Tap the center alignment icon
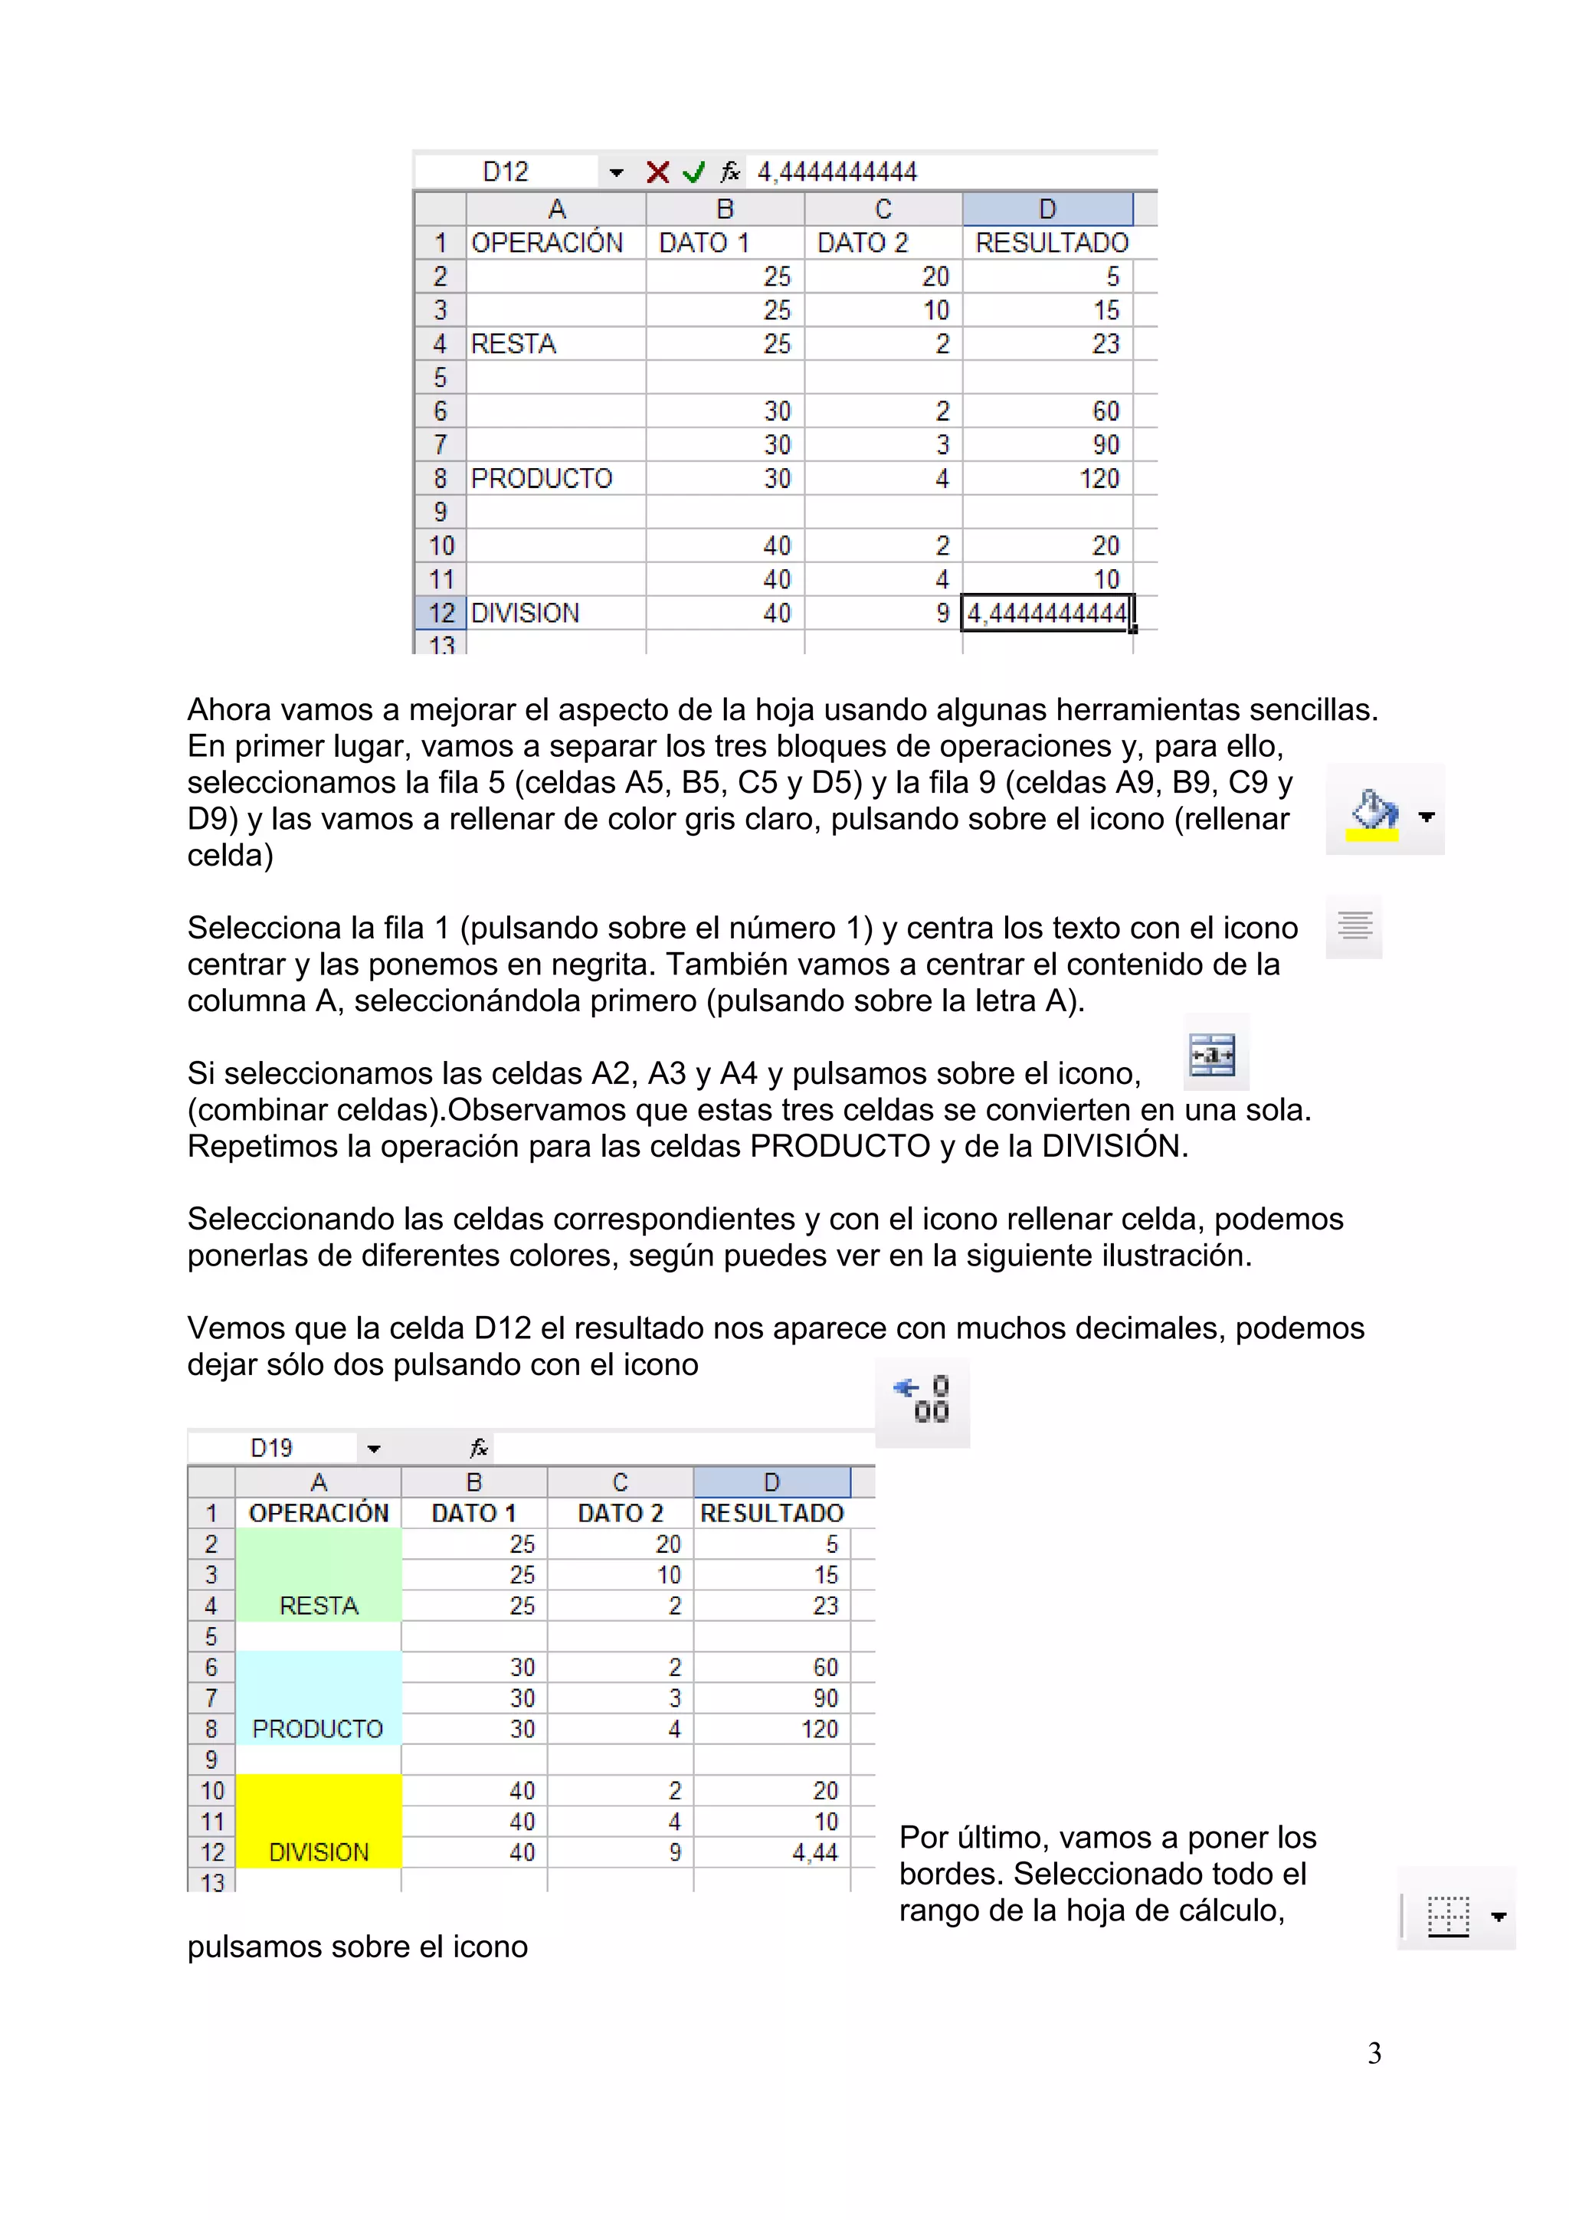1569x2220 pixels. click(1354, 926)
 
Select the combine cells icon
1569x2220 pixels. click(1214, 1054)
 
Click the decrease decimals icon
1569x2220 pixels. click(922, 1400)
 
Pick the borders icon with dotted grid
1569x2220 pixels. click(1447, 1915)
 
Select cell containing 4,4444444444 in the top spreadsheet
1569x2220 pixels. click(1046, 613)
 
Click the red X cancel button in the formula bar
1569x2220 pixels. click(657, 172)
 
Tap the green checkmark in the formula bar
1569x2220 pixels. click(693, 172)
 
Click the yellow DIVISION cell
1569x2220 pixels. click(318, 1822)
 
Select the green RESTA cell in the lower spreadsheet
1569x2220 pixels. click(318, 1575)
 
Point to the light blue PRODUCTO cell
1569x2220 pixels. click(318, 1698)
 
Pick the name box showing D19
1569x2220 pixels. click(272, 1449)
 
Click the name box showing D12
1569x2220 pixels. click(506, 172)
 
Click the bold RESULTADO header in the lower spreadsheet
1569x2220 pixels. click(771, 1513)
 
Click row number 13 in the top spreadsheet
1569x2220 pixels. click(441, 644)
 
